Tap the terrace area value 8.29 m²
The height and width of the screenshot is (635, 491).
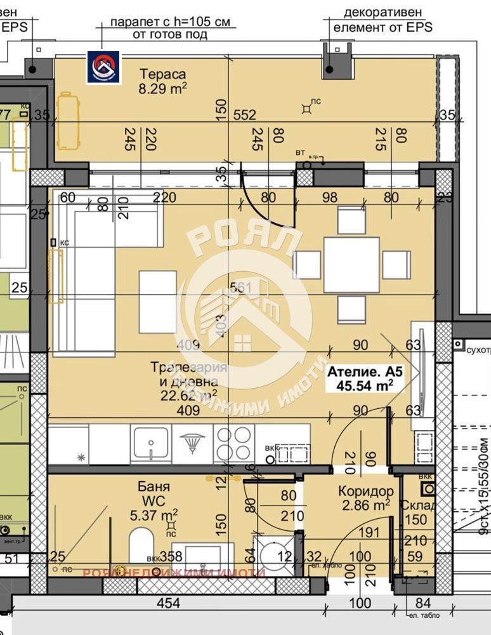click(162, 89)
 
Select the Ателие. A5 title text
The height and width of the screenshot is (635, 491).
click(364, 371)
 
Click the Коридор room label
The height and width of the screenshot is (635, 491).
click(365, 491)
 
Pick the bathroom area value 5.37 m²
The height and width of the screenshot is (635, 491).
click(154, 513)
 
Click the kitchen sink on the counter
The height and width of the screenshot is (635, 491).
click(150, 440)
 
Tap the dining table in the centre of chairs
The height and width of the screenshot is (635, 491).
click(351, 265)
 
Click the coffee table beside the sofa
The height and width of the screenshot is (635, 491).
click(157, 302)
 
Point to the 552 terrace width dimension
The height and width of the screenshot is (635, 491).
click(244, 115)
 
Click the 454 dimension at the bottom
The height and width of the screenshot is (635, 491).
click(168, 603)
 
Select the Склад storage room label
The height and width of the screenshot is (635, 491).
click(419, 506)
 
